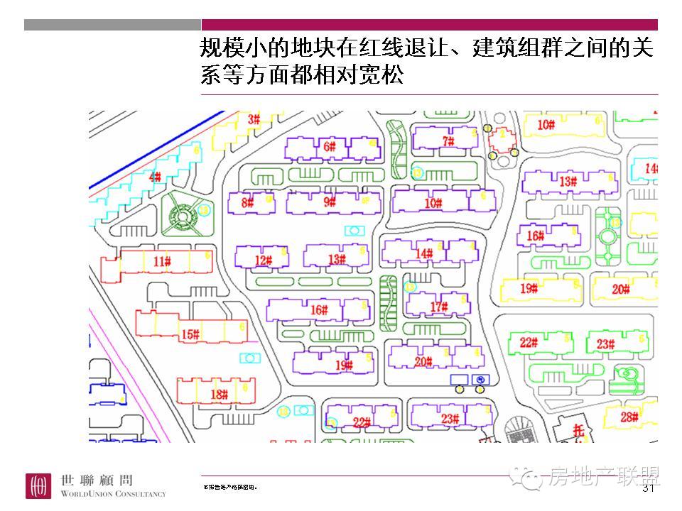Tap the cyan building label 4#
(155, 177)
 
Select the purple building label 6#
(330, 147)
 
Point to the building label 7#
(448, 141)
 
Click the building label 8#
(247, 203)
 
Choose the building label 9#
(330, 202)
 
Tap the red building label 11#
(162, 262)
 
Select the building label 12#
(264, 261)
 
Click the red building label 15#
(190, 335)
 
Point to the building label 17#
(439, 307)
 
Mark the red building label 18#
(219, 395)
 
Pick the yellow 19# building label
(528, 288)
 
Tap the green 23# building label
(605, 344)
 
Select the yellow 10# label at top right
(546, 126)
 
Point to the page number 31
(648, 489)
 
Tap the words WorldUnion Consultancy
(113, 494)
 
